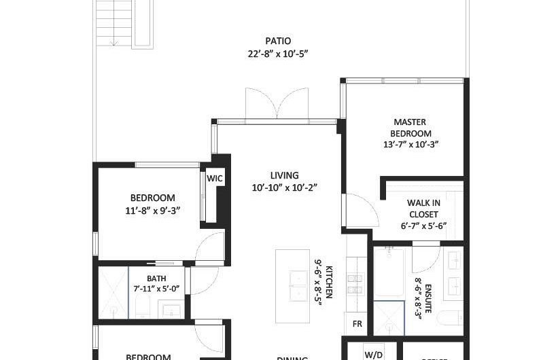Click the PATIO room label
(x=278, y=41)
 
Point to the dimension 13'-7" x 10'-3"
(x=412, y=144)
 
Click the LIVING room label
(x=284, y=175)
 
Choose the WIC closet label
(x=215, y=179)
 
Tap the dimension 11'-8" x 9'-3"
(x=152, y=211)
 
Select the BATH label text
(x=156, y=278)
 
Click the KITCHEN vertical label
(x=328, y=283)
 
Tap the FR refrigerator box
(x=357, y=324)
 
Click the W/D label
(x=373, y=354)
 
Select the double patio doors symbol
(x=272, y=104)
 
